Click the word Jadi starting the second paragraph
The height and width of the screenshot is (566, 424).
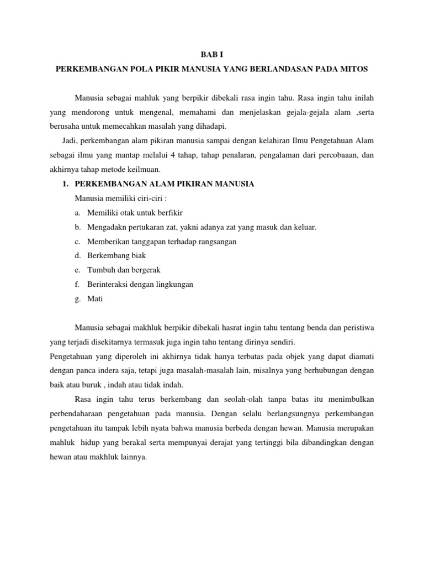click(x=72, y=141)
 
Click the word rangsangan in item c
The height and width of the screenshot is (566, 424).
click(x=214, y=242)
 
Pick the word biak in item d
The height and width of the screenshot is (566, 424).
click(x=138, y=256)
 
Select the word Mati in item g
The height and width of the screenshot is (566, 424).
click(x=95, y=299)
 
